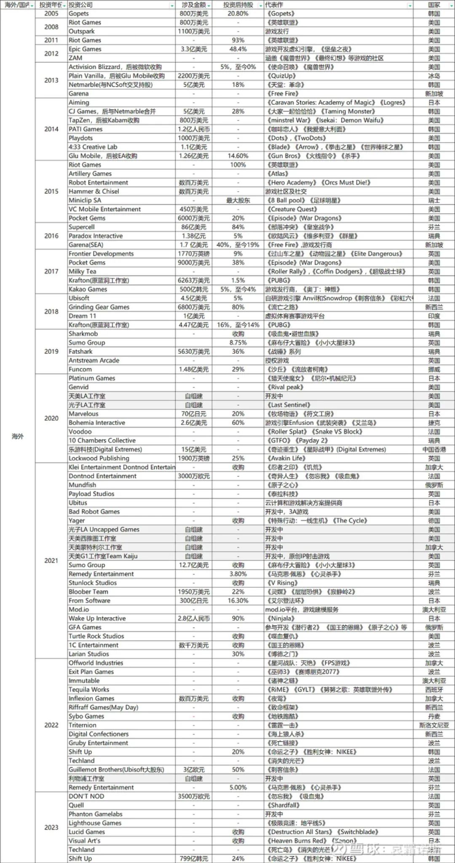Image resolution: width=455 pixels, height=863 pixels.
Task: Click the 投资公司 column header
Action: pyautogui.click(x=81, y=5)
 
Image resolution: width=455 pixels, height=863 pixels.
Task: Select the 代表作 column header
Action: pyautogui.click(x=274, y=5)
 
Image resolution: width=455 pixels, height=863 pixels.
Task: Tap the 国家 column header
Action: pyautogui.click(x=434, y=5)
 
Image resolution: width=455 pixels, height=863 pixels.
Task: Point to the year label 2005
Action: pyautogui.click(x=51, y=13)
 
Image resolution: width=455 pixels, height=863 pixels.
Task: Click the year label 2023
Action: pyautogui.click(x=51, y=827)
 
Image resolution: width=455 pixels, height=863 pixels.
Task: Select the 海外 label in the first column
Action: pyautogui.click(x=18, y=436)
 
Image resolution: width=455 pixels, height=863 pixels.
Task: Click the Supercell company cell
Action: pyautogui.click(x=82, y=227)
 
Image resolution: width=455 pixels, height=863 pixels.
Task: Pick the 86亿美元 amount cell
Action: pyautogui.click(x=194, y=227)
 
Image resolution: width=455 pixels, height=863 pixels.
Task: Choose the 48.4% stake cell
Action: pyautogui.click(x=238, y=49)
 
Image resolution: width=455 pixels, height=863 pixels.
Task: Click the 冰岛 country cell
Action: pyautogui.click(x=434, y=76)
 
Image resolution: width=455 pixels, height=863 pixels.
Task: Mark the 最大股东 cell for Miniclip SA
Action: pyautogui.click(x=238, y=200)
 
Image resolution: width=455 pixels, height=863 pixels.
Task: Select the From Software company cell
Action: pyautogui.click(x=89, y=600)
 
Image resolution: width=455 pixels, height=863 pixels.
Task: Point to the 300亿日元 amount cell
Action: pyautogui.click(x=194, y=600)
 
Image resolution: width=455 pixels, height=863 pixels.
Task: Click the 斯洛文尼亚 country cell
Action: pyautogui.click(x=434, y=725)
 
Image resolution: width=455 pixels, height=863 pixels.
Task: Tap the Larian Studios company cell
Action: pyautogui.click(x=89, y=654)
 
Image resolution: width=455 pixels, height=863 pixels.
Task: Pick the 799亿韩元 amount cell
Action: pyautogui.click(x=194, y=858)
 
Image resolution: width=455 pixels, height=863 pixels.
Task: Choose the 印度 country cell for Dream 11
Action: pyautogui.click(x=434, y=316)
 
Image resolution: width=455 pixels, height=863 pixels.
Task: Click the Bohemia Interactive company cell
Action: pyautogui.click(x=97, y=423)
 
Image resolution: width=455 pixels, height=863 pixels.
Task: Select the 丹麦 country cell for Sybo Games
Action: pyautogui.click(x=434, y=716)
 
